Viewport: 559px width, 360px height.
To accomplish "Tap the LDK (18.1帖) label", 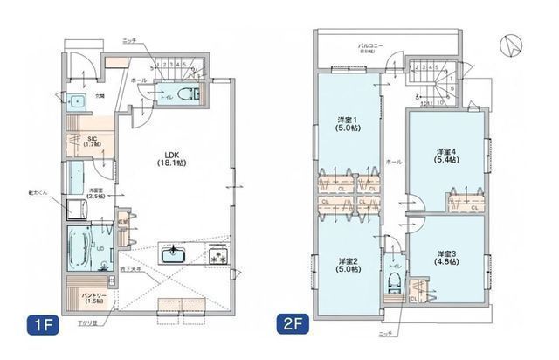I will pos(169,157).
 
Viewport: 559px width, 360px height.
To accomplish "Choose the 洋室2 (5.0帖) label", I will pos(349,265).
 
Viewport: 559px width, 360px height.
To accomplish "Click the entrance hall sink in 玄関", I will pos(76,100).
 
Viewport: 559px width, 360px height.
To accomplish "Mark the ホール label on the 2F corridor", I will pos(393,163).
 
